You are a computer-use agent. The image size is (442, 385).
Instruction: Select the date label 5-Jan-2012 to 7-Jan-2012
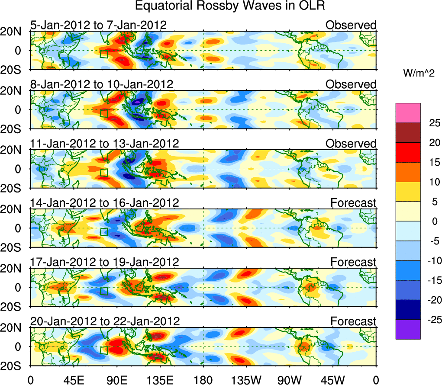point(98,25)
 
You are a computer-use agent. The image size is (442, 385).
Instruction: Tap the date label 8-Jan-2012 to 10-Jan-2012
point(102,84)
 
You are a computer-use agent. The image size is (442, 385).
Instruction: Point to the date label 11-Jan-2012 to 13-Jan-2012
point(104,144)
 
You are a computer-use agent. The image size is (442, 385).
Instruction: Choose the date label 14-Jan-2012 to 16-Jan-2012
point(104,202)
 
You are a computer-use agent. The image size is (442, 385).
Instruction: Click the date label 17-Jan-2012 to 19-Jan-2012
point(104,262)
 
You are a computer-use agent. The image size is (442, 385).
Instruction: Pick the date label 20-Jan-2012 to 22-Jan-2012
point(105,321)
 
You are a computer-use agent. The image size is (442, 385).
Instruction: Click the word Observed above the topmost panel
point(351,25)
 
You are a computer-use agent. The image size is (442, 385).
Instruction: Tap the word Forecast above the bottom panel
point(353,321)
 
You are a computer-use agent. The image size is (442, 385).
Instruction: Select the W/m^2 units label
point(418,73)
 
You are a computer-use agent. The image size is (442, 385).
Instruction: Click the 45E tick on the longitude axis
point(73,381)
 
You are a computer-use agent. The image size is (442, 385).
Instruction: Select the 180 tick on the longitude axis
point(203,381)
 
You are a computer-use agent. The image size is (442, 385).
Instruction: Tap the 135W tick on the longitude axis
point(246,381)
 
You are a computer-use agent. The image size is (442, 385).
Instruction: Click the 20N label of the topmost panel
point(15,31)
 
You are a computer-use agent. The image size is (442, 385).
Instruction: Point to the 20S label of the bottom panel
point(15,366)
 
